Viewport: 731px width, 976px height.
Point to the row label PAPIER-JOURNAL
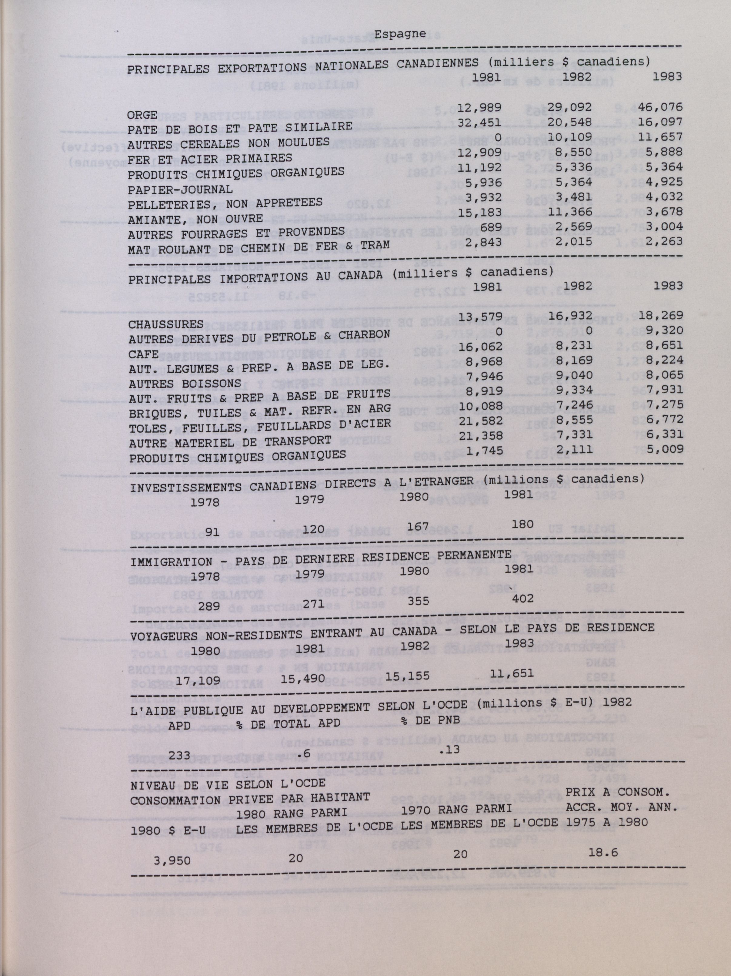(180, 189)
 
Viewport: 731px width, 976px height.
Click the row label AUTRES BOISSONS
(185, 384)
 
